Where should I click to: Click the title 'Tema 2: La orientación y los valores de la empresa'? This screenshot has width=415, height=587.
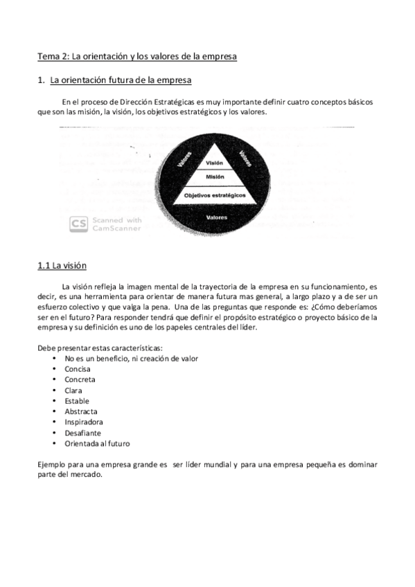[137, 56]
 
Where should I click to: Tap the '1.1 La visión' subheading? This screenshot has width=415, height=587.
[62, 265]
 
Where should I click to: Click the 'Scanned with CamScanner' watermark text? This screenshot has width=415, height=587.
[116, 224]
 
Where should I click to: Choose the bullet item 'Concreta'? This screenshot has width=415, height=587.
[80, 380]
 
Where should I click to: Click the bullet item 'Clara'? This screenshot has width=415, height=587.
[74, 390]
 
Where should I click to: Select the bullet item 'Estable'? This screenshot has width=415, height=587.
[77, 401]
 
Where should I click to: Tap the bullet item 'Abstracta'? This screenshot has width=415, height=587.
[81, 412]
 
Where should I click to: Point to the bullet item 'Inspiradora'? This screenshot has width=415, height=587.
[84, 422]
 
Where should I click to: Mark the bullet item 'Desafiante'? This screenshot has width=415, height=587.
[82, 433]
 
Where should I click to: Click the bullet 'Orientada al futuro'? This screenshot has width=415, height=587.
[97, 444]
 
